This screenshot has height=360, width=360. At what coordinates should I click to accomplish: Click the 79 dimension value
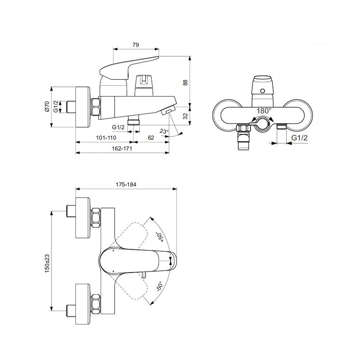pyautogui.click(x=136, y=45)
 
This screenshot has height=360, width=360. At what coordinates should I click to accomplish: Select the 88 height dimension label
pyautogui.click(x=185, y=82)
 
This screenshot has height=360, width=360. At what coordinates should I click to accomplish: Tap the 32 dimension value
pyautogui.click(x=185, y=116)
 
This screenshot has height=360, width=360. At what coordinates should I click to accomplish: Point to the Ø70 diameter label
pyautogui.click(x=47, y=107)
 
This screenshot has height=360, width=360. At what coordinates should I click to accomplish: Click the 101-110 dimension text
pyautogui.click(x=106, y=138)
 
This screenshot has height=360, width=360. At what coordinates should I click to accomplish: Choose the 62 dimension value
pyautogui.click(x=151, y=138)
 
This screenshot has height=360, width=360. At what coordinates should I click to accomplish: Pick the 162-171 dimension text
pyautogui.click(x=122, y=148)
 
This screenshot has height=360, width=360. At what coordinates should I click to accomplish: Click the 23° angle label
pyautogui.click(x=164, y=131)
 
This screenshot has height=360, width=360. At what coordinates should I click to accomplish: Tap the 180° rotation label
pyautogui.click(x=264, y=111)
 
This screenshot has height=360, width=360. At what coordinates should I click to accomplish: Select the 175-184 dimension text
pyautogui.click(x=126, y=184)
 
